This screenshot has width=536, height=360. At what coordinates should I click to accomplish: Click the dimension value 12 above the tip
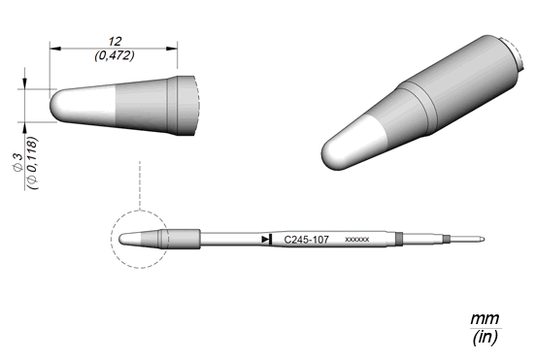pos(115,42)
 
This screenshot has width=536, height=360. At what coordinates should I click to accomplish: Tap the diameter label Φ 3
pos(17,162)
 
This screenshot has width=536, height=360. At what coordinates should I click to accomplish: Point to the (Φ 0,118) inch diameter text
pos(32,163)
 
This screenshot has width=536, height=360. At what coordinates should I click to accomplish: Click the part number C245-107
pos(306,240)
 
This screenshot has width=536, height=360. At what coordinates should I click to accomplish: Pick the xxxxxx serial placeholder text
pos(357,240)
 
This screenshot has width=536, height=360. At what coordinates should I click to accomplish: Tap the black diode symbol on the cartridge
pos(267,240)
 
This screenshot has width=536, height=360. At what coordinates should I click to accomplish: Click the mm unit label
pos(485,319)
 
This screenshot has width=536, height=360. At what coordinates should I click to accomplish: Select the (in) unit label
pos(486,338)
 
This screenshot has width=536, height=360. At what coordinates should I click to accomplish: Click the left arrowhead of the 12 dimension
pos(55,49)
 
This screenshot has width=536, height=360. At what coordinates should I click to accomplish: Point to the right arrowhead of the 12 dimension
pos(172,49)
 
